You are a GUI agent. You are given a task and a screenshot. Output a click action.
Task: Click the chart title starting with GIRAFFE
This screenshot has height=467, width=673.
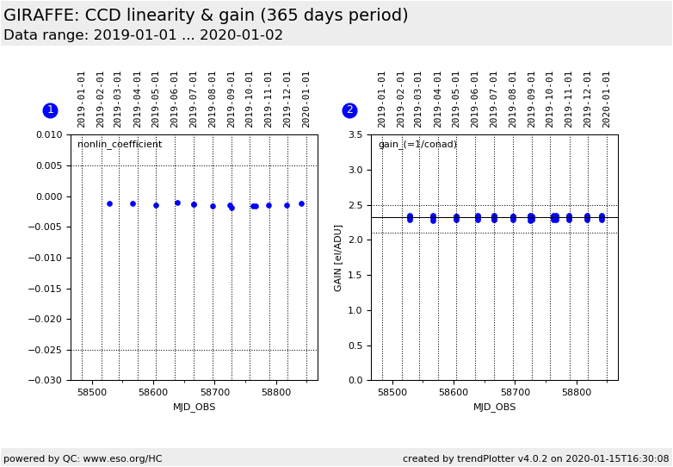[x=206, y=16]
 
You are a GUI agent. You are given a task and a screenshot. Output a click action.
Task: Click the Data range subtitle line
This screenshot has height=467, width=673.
[x=143, y=35]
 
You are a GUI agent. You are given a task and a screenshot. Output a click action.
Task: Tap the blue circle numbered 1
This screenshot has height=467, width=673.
[x=50, y=110]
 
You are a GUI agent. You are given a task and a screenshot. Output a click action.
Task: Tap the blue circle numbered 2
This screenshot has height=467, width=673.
[x=349, y=110]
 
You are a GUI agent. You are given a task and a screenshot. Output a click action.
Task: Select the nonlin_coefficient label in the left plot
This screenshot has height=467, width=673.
[x=120, y=145]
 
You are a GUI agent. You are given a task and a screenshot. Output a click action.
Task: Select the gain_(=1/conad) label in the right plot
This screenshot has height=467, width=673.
[x=417, y=145]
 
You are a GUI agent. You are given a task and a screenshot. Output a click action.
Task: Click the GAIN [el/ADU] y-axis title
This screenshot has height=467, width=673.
[x=338, y=258]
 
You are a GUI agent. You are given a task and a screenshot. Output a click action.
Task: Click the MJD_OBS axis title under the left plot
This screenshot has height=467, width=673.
[x=194, y=407]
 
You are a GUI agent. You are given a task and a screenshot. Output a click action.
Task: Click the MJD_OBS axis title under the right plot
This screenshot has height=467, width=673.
[x=495, y=407]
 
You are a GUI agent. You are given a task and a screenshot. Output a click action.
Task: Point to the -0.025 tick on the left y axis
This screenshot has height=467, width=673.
[x=48, y=350]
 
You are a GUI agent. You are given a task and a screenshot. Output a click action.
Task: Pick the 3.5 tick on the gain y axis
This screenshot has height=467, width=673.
[x=355, y=135]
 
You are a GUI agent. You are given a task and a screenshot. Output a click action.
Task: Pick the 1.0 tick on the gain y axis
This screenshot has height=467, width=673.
[x=355, y=310]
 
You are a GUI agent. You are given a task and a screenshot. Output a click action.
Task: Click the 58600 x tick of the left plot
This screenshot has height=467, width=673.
[x=154, y=392]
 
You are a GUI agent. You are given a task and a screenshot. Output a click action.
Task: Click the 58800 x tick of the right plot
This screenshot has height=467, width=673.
[x=577, y=392]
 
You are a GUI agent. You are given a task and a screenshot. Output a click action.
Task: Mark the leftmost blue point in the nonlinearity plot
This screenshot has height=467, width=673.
[x=109, y=203]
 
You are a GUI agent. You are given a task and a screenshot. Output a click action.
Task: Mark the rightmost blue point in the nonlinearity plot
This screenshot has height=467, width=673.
[x=301, y=203]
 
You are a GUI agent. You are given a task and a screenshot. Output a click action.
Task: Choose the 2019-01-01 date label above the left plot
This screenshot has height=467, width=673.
[x=82, y=98]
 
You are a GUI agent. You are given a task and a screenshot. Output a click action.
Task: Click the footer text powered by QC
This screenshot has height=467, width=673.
[x=83, y=458]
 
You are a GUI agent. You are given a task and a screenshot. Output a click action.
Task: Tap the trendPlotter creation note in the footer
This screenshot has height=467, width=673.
[x=535, y=458]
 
